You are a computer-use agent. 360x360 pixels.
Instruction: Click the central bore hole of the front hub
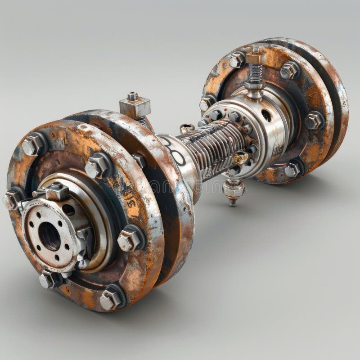point(49,236)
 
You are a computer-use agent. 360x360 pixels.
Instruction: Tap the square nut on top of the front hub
point(57,192)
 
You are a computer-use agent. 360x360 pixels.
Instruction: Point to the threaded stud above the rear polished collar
point(255,74)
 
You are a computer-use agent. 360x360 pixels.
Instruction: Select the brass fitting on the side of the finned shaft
point(240,158)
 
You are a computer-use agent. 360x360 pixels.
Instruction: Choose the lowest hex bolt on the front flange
point(111,298)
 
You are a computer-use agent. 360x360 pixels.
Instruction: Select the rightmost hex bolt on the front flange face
point(129,238)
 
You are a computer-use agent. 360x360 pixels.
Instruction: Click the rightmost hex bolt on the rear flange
point(314,120)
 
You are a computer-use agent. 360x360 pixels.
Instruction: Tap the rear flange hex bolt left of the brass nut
point(237,60)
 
